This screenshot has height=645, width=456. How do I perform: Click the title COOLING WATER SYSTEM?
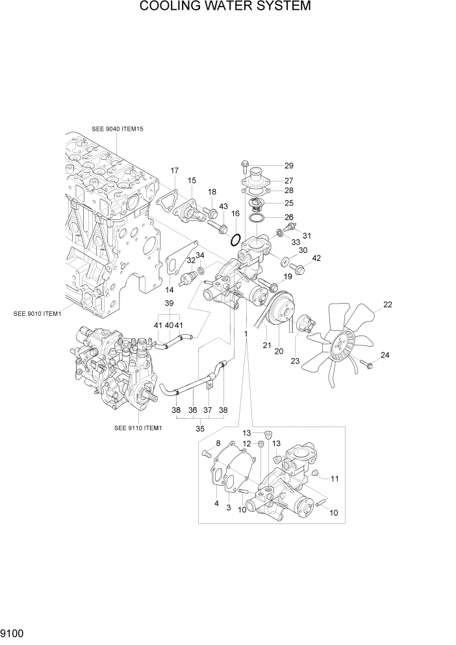(x=225, y=7)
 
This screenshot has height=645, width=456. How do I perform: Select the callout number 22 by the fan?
(x=388, y=304)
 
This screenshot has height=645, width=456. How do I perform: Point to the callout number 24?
(x=385, y=355)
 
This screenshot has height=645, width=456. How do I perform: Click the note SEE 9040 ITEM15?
(x=118, y=129)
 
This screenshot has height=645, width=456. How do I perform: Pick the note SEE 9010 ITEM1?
(x=37, y=313)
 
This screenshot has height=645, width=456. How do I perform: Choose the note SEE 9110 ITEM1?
(x=138, y=428)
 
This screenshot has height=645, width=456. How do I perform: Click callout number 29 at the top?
(x=289, y=166)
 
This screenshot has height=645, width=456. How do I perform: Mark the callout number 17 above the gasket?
(x=174, y=171)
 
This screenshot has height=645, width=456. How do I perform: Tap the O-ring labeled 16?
(x=236, y=240)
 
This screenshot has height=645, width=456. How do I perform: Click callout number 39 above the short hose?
(x=169, y=304)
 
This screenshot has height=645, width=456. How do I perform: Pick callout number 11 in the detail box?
(x=335, y=479)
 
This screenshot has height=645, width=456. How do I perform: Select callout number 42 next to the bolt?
(x=317, y=258)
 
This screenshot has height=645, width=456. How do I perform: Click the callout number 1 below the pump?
(x=246, y=333)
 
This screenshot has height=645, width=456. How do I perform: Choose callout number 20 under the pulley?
(x=279, y=351)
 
